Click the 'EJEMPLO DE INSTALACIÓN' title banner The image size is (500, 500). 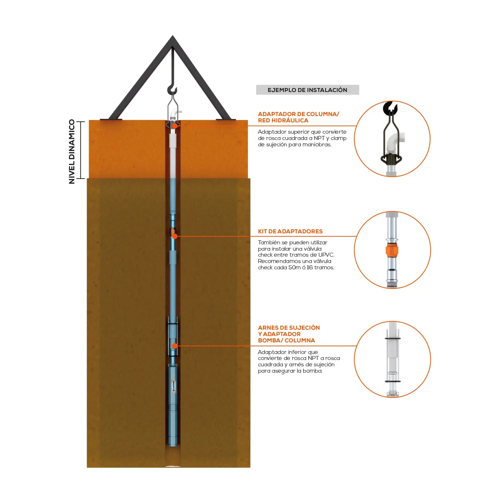point(307,90)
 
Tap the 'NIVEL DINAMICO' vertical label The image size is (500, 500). point(72,152)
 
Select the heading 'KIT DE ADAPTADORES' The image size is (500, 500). point(290,231)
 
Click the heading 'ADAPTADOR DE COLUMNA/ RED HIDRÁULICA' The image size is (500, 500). point(298,117)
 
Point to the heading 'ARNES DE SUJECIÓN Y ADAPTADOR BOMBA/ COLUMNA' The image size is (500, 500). point(289,334)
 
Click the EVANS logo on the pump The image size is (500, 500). point(173,386)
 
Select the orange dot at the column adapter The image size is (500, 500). point(174,126)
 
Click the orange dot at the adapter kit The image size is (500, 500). point(175,236)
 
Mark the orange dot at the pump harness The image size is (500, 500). point(174,346)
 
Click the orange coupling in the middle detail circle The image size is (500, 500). point(392,250)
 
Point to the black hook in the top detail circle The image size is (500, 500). point(390,108)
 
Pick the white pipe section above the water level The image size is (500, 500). point(173,155)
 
